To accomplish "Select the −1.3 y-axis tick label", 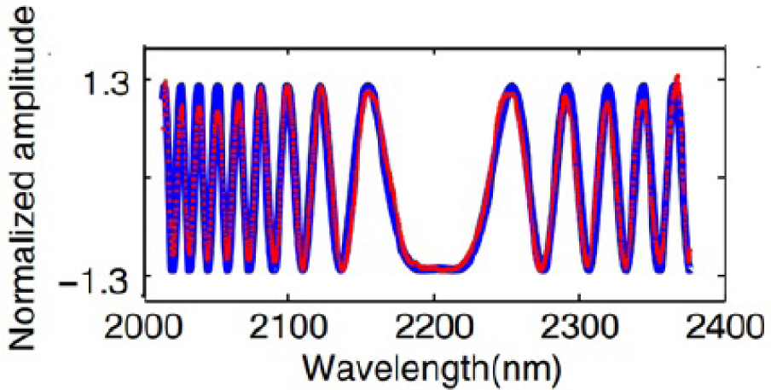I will (x=95, y=276).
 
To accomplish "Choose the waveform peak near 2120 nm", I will (x=320, y=88).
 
